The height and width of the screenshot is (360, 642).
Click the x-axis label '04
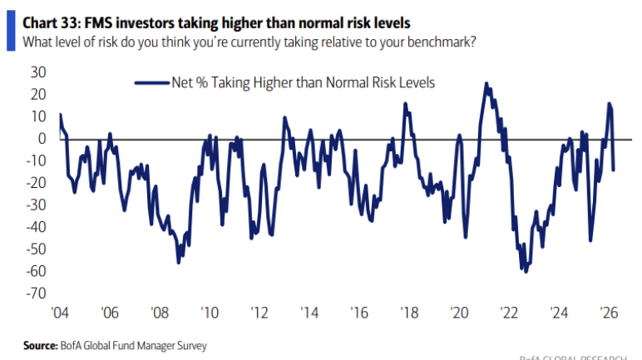coord(59,313)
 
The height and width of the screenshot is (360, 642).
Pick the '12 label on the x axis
coord(259,313)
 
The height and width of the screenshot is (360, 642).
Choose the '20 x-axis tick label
coord(460,313)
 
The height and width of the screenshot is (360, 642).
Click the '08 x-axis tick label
coord(159,313)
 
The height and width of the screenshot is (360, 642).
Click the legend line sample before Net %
coord(151,81)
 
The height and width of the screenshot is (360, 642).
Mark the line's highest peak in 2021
coord(486,83)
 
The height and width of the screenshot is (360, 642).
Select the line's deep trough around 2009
coord(178,263)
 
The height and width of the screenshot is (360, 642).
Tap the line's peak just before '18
coord(405,104)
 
